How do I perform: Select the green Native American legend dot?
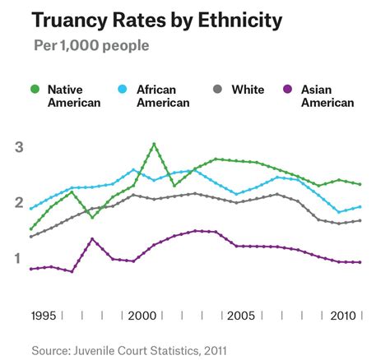(x=34, y=88)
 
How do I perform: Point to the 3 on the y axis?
(x=17, y=147)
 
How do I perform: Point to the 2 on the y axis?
(x=17, y=203)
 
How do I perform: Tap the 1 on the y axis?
(x=17, y=259)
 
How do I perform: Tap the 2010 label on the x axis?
(x=342, y=316)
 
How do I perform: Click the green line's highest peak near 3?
(x=154, y=145)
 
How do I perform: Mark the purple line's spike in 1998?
(x=92, y=239)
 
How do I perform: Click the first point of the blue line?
(x=31, y=209)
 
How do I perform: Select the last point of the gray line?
(x=360, y=220)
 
